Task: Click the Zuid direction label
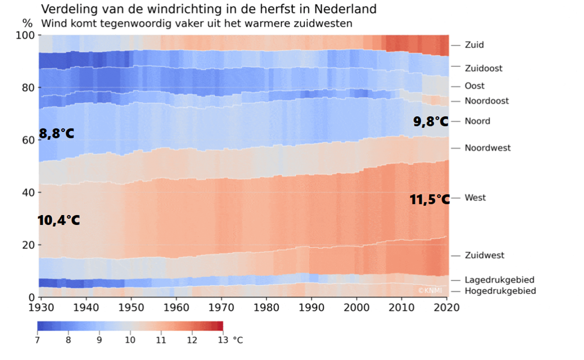click(474, 45)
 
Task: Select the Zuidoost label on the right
click(484, 68)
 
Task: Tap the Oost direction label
click(474, 86)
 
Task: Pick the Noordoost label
click(486, 101)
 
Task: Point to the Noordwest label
click(488, 148)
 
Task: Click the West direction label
click(475, 198)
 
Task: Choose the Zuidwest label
click(484, 255)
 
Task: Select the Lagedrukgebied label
click(499, 280)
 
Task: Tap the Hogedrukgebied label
click(500, 291)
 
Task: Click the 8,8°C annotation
click(57, 134)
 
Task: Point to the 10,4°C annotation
click(58, 221)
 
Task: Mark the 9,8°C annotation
click(431, 122)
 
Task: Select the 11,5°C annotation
click(429, 200)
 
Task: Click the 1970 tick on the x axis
click(221, 306)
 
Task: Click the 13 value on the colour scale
click(223, 339)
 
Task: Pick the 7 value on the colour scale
click(38, 339)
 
